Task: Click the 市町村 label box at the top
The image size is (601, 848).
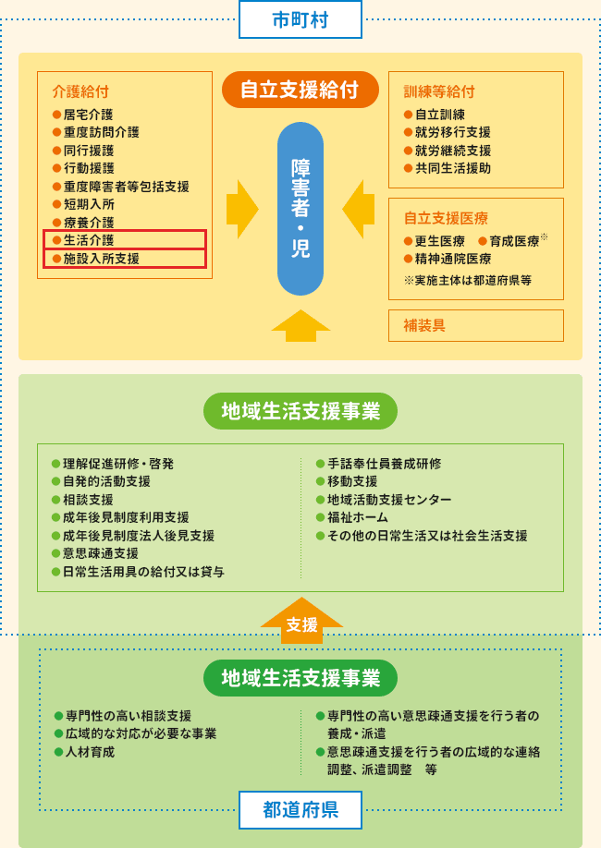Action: coord(300,19)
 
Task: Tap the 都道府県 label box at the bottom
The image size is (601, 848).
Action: coord(300,810)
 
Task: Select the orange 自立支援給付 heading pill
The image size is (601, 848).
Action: coord(300,91)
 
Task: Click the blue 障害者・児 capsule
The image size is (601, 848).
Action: coord(300,209)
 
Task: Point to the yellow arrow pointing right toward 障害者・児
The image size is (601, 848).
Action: coord(241,210)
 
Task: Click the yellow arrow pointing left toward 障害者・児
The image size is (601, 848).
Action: coord(359,210)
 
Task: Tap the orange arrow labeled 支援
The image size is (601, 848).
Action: coord(301,622)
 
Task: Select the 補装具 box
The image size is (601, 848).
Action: coord(475,325)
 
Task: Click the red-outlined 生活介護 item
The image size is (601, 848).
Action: coord(125,240)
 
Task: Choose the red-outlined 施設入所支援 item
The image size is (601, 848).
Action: coord(125,259)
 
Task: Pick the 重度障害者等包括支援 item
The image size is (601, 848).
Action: coord(126,187)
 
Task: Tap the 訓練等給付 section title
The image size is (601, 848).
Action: coord(439,91)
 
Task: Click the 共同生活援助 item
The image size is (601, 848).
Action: coord(452,168)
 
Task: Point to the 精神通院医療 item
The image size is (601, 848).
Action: coord(452,259)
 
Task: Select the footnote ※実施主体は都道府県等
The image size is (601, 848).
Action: coord(467,280)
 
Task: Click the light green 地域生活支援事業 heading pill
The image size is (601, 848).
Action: coord(300,412)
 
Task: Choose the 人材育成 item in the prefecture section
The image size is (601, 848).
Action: coord(90,752)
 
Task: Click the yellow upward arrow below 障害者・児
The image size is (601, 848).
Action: coord(300,326)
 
